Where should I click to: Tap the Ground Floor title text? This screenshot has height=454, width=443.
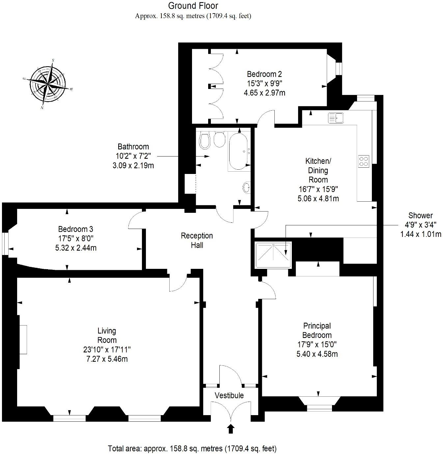click(x=193, y=6)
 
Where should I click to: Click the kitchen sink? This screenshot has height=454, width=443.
click(x=336, y=118)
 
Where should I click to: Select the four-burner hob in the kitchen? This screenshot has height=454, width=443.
click(x=364, y=161)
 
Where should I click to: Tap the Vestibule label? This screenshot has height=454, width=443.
click(x=229, y=395)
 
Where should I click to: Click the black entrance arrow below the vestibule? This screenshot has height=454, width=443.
click(x=231, y=428)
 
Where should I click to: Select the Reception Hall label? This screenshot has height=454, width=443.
click(x=197, y=240)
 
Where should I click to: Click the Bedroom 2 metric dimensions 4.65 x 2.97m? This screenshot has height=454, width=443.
click(x=264, y=93)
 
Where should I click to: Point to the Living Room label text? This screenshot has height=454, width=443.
click(x=107, y=335)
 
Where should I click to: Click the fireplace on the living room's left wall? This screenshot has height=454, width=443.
click(x=23, y=339)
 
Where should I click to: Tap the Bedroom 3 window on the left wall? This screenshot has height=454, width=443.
click(x=5, y=244)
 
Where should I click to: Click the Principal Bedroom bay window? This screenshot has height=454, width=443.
click(x=319, y=407)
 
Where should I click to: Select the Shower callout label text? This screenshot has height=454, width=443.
click(x=420, y=215)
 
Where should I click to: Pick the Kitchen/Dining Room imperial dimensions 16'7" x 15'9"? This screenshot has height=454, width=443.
click(x=318, y=189)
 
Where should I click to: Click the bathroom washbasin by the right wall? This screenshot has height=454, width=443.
click(x=246, y=188)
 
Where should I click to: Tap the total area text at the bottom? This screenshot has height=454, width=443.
click(x=192, y=448)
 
